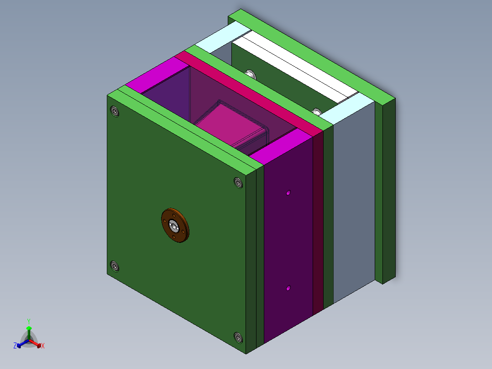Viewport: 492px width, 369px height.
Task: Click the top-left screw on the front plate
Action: [114, 111]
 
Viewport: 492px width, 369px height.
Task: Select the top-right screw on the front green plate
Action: [238, 183]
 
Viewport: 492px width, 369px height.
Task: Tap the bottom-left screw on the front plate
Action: [114, 266]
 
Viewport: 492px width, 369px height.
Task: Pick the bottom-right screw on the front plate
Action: [238, 337]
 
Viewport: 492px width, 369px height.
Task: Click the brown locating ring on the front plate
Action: [175, 226]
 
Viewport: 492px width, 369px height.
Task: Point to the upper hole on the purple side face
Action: [288, 193]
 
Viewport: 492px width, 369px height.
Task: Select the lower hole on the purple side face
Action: [288, 288]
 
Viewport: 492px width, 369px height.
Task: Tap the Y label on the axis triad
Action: [29, 321]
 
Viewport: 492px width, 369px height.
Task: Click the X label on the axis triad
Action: [43, 346]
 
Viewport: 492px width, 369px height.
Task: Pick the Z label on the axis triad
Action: [15, 346]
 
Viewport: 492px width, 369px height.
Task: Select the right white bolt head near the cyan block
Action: [317, 111]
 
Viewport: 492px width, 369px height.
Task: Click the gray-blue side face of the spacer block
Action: [354, 206]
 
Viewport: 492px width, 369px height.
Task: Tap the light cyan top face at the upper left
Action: [217, 39]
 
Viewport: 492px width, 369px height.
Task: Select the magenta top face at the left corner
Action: [155, 75]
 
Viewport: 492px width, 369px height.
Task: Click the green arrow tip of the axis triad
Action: [29, 328]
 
